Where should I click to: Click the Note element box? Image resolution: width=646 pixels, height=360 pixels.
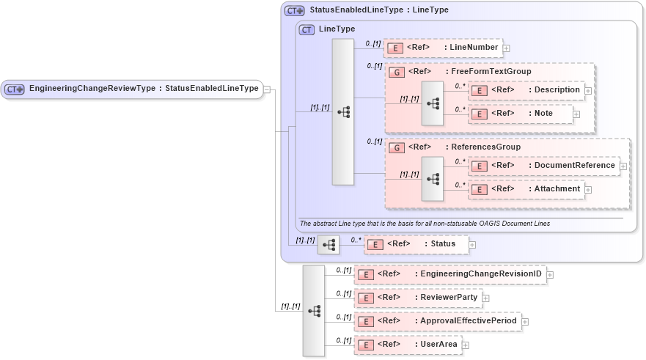tap(520, 114)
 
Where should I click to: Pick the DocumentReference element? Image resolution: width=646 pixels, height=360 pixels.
tap(543, 166)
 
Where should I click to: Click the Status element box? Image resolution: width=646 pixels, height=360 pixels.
tap(416, 244)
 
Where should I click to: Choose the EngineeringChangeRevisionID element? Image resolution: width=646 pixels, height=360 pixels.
tap(449, 274)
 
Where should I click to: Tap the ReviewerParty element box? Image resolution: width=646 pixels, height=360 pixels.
tap(417, 298)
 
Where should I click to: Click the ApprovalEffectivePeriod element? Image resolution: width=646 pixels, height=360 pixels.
tap(437, 321)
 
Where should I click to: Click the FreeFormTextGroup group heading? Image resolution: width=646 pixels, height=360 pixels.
tap(469, 72)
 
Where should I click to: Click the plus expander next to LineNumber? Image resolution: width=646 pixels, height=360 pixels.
tap(506, 48)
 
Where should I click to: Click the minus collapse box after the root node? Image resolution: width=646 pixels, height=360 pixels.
tap(267, 89)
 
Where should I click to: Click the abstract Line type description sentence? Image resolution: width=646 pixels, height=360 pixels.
tap(425, 223)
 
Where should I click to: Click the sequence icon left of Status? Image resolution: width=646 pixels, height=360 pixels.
tap(328, 244)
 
